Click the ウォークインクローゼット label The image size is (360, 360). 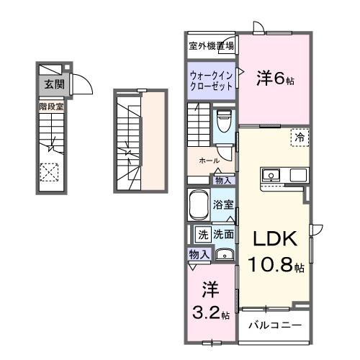pyautogui.click(x=212, y=80)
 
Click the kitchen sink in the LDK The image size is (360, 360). pyautogui.click(x=272, y=175)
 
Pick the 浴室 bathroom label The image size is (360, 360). pyautogui.click(x=223, y=204)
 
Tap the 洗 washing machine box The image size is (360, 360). pyautogui.click(x=202, y=234)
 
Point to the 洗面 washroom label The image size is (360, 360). pyautogui.click(x=222, y=234)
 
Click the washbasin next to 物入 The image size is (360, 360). pyautogui.click(x=224, y=254)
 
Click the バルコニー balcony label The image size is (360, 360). pyautogui.click(x=275, y=325)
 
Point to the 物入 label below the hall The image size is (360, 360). pyautogui.click(x=223, y=180)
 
